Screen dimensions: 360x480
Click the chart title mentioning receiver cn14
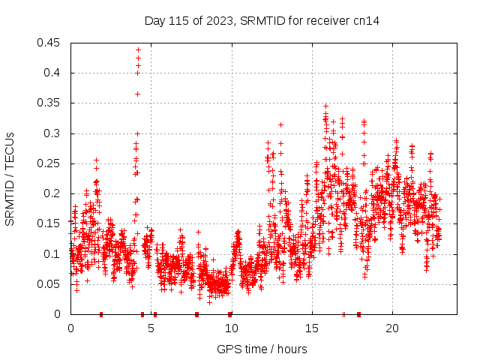(262, 21)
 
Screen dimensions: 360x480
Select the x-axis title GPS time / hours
(262, 349)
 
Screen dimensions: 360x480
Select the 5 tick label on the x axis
(151, 328)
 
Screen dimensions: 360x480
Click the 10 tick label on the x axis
(232, 328)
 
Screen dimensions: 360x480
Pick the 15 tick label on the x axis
(312, 328)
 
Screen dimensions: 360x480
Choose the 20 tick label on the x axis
(392, 328)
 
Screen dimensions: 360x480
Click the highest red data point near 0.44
(138, 49)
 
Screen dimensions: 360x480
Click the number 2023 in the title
(215, 21)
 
